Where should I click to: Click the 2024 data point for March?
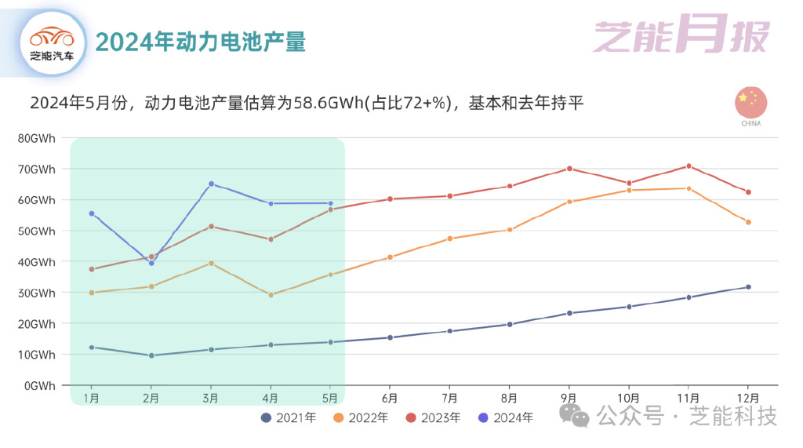tap(211, 184)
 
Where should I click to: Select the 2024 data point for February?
tap(151, 263)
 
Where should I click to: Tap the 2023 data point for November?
tap(689, 166)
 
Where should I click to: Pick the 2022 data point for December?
tap(748, 222)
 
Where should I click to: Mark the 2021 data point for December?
tap(748, 287)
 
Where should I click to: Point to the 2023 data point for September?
tap(569, 169)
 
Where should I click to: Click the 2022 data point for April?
tap(271, 295)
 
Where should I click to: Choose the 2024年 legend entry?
tap(505, 417)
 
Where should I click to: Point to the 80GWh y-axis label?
tap(37, 138)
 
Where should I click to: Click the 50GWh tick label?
tap(37, 231)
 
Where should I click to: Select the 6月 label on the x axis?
tap(390, 397)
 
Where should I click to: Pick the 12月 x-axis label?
tap(748, 397)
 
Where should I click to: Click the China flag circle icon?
tap(750, 103)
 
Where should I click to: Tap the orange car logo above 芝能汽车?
tap(52, 37)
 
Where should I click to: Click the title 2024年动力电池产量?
tap(200, 42)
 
